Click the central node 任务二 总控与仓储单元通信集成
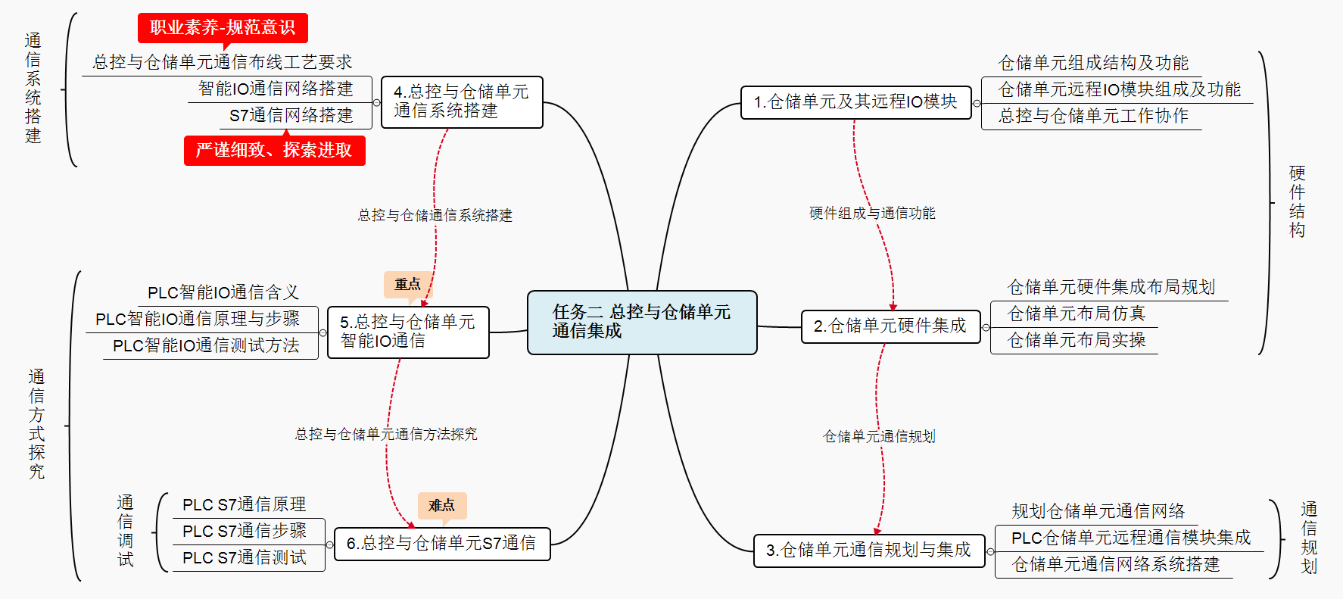pos(642,322)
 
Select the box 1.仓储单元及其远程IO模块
pos(855,102)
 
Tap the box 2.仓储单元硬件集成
pos(890,326)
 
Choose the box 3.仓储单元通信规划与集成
pos(868,551)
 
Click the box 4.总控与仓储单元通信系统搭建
pos(462,101)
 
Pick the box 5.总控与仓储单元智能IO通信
pos(408,332)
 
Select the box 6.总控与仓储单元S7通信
pos(441,544)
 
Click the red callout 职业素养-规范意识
pos(223,28)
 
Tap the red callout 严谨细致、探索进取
pos(274,150)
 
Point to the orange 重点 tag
pos(407,284)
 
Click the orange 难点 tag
pos(441,505)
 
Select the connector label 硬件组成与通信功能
pos(872,214)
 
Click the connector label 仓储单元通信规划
pos(879,436)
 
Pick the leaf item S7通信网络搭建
pos(291,115)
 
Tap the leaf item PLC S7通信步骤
pos(245,531)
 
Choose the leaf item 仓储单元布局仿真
pos(1076,314)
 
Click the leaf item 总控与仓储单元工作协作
pos(1093,116)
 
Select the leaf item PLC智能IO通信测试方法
pos(206,345)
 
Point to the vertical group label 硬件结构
pos(1297,201)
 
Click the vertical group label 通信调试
pos(126,531)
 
